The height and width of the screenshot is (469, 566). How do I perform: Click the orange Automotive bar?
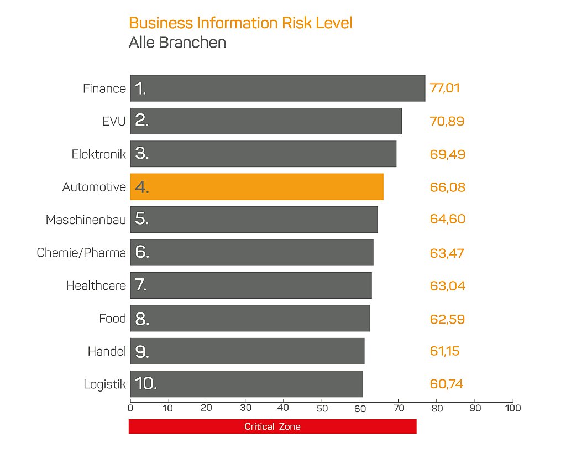256,187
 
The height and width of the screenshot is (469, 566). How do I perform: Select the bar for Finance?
277,88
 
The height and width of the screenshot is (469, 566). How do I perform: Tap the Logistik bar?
247,384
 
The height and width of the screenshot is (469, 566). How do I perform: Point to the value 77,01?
445,88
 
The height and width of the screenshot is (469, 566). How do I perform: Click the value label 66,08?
448,187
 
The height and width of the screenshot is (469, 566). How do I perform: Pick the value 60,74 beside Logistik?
447,384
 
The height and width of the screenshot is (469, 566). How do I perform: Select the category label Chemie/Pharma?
81,252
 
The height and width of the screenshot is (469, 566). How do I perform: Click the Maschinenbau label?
86,220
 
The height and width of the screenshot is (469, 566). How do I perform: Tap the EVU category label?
114,122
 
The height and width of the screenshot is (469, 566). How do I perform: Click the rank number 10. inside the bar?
146,383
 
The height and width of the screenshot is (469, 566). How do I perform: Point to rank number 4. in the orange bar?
142,187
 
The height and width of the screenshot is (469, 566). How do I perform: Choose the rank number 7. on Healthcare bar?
141,285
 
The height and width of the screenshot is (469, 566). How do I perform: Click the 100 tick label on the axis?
513,408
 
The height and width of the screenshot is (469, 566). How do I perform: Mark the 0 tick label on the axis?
130,408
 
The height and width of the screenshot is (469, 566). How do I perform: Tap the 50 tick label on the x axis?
322,408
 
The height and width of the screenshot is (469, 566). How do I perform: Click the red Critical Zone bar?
272,426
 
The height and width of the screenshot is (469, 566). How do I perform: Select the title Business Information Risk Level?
240,23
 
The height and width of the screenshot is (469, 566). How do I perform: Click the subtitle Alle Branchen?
177,42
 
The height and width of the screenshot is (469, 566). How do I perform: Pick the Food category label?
113,319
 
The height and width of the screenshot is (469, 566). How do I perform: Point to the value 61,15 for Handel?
445,351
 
